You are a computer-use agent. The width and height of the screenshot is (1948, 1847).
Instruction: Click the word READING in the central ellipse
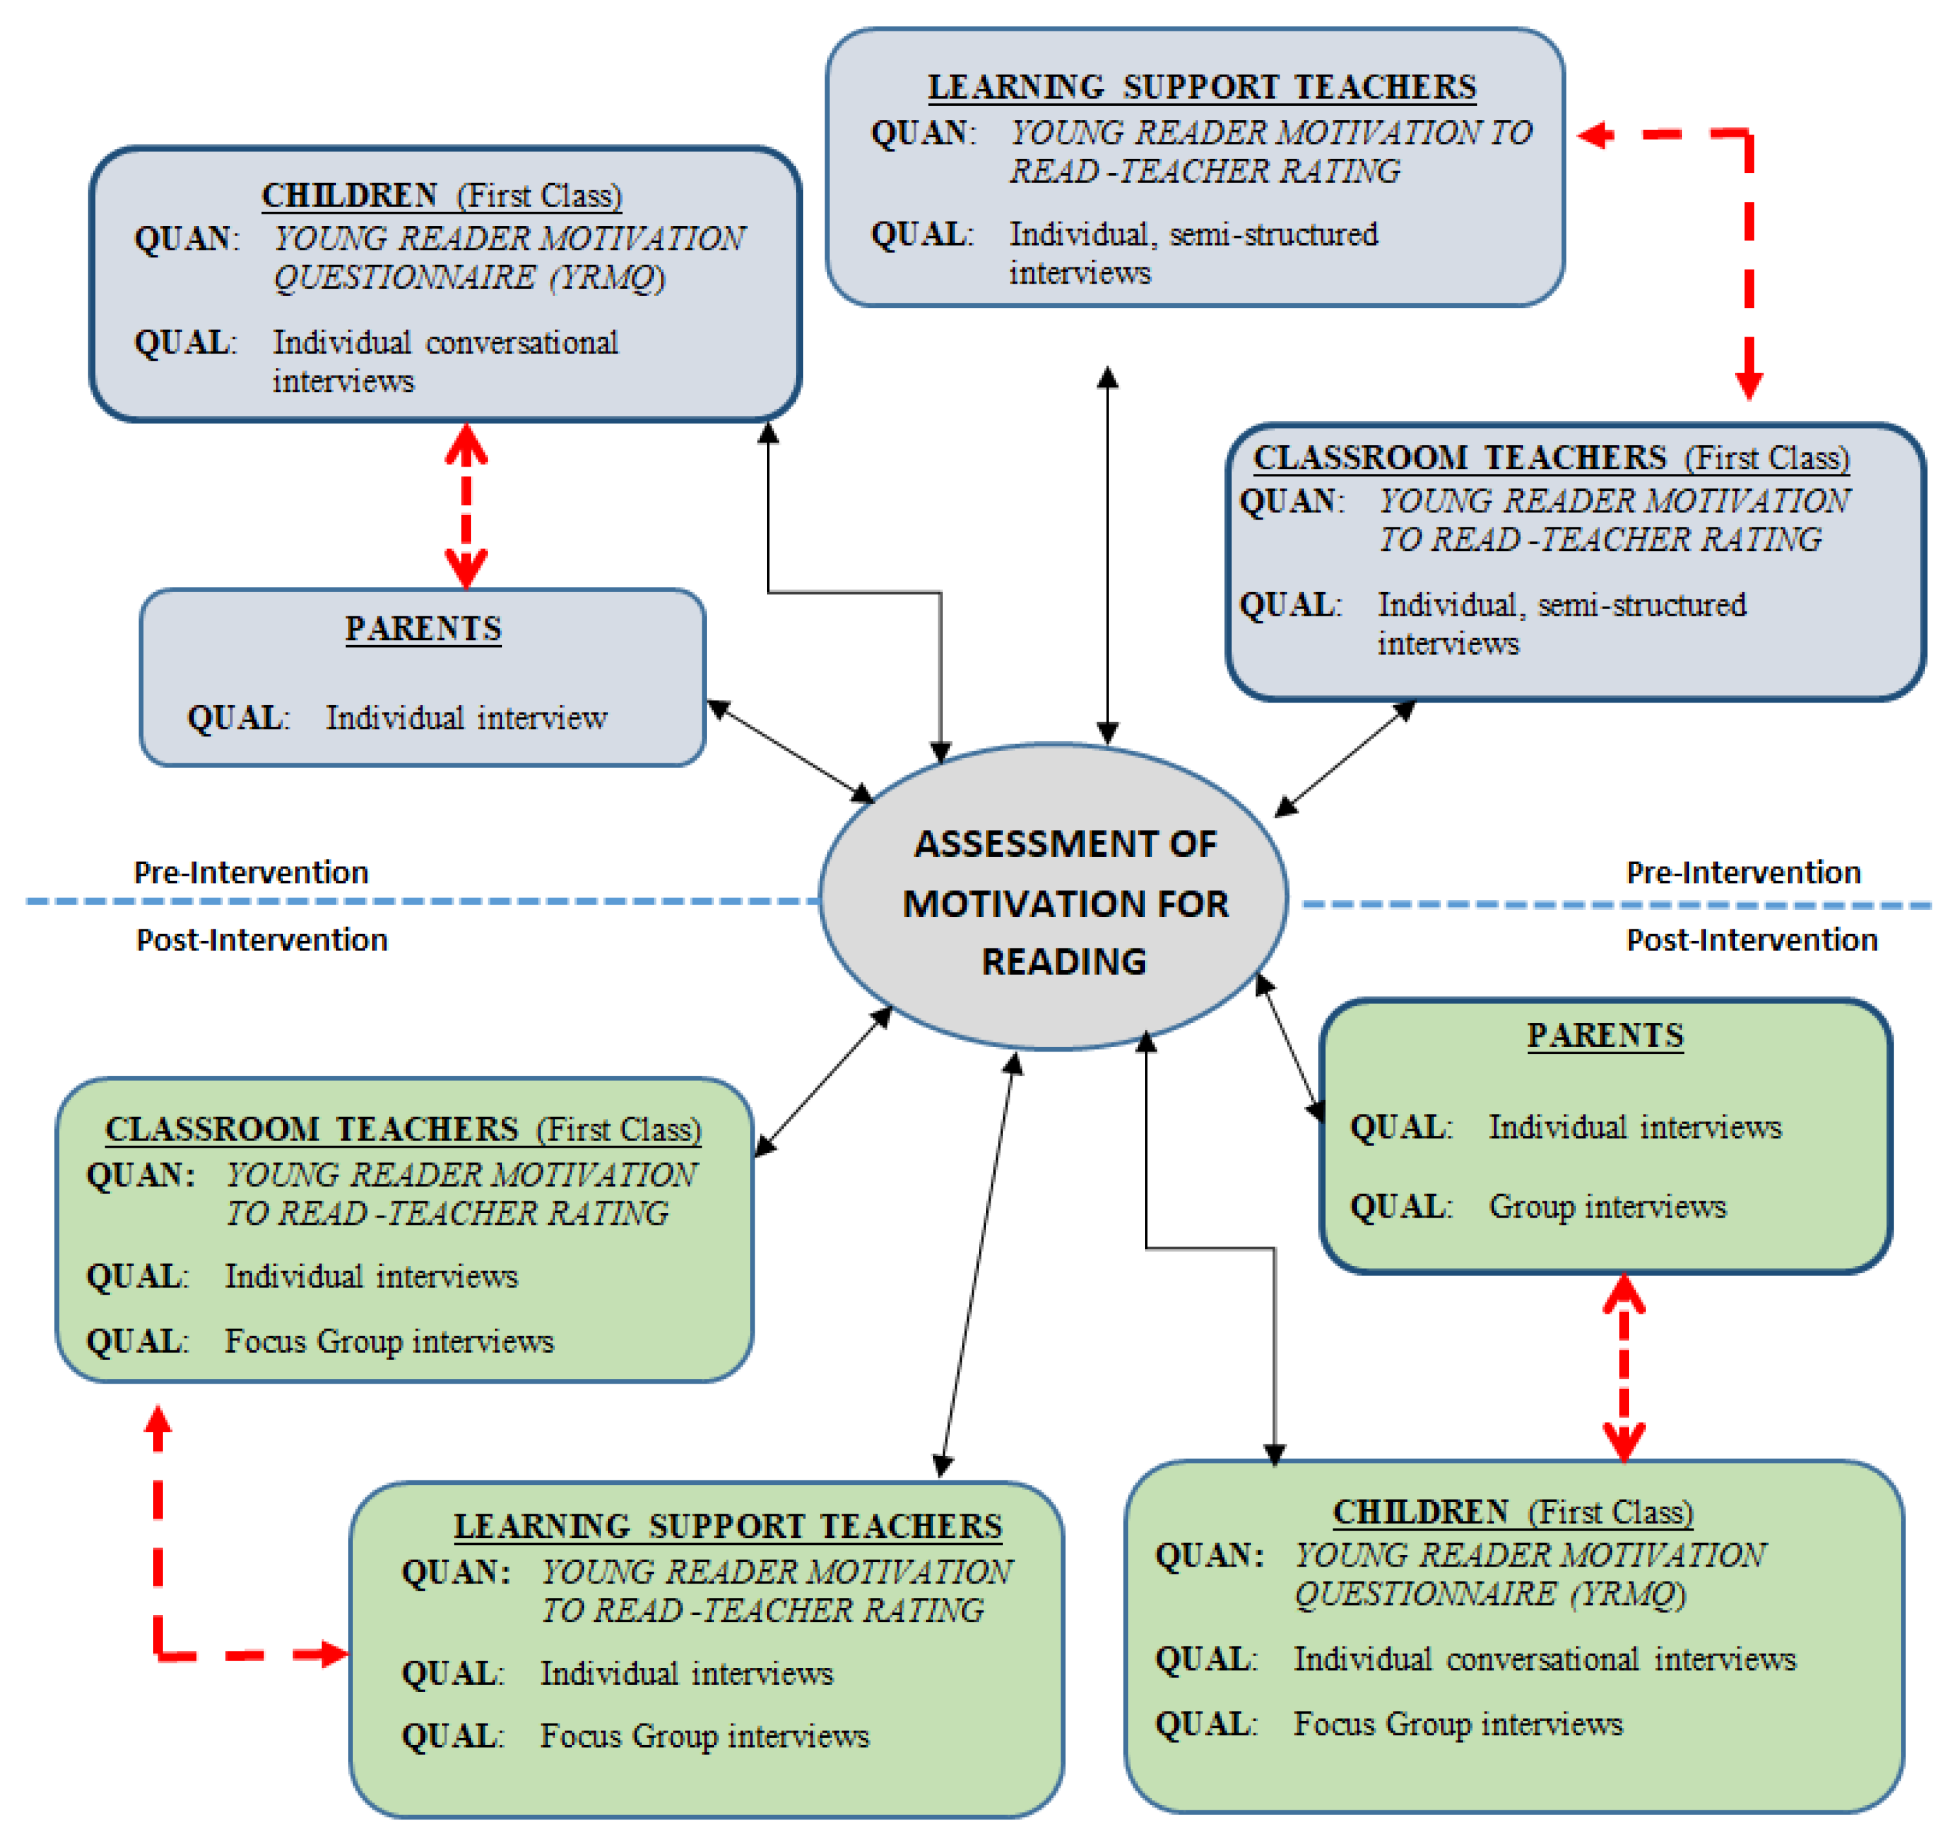1064,961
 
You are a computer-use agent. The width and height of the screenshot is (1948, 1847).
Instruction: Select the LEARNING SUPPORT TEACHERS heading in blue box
1201,87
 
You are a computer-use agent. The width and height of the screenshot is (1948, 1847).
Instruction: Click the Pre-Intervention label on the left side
251,873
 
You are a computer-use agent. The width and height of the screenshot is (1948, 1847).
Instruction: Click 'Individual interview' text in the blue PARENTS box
466,718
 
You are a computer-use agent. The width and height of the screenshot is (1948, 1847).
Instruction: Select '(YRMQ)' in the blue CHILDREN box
607,278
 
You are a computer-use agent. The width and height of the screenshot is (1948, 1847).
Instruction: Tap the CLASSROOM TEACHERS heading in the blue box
1460,458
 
